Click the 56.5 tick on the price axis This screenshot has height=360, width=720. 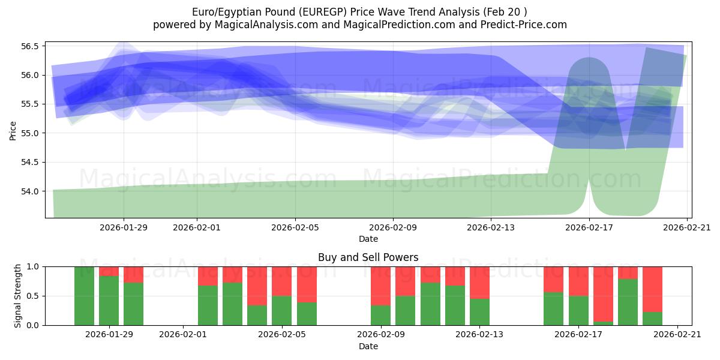point(30,46)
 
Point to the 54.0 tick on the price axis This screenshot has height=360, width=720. point(30,191)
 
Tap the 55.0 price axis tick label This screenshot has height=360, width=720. point(30,133)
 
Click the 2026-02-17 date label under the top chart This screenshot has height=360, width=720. point(589,227)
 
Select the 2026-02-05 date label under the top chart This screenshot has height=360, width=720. point(295,227)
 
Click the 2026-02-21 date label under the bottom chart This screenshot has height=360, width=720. point(677,335)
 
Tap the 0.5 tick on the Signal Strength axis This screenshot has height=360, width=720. point(34,296)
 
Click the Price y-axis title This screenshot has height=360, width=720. point(13,130)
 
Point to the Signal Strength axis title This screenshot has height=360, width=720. point(18,296)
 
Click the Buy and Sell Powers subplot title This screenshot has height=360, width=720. point(368,257)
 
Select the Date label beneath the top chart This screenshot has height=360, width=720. point(368,239)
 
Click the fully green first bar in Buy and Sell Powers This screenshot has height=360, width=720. point(84,296)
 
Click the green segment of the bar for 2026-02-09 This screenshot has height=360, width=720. point(380,315)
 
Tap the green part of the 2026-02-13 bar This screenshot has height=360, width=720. point(479,312)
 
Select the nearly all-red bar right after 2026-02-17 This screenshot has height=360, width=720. point(603,293)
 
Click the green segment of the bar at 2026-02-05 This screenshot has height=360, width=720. point(281,310)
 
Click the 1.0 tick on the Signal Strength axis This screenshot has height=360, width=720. point(34,266)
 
